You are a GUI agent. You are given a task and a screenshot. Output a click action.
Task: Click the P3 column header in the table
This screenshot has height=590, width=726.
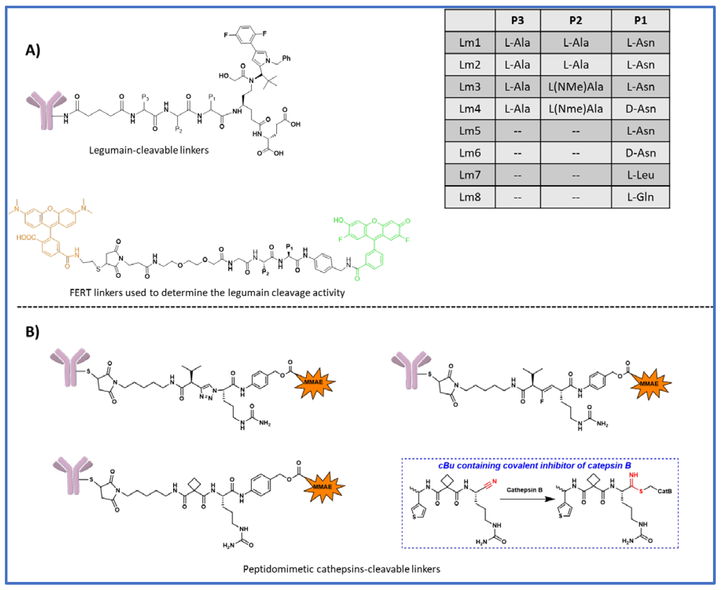pos(517,20)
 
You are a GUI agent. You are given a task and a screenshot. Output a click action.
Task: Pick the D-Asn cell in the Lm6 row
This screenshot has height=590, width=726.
pos(640,153)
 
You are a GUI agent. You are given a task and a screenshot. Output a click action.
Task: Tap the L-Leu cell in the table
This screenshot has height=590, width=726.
pos(640,175)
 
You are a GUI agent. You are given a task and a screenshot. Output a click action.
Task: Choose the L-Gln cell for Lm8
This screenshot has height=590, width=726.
pos(640,197)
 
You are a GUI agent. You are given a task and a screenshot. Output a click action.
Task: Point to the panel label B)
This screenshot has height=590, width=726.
pos(32,331)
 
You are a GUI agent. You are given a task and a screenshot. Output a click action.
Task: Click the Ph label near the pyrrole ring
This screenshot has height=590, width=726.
pos(286,58)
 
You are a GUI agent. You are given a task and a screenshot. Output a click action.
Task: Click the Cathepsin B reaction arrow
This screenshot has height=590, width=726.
pos(527,499)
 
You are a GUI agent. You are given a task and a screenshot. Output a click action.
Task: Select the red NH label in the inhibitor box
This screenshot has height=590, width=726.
pos(633,475)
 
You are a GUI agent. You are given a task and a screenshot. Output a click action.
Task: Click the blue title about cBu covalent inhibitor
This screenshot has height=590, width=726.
pos(534,465)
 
